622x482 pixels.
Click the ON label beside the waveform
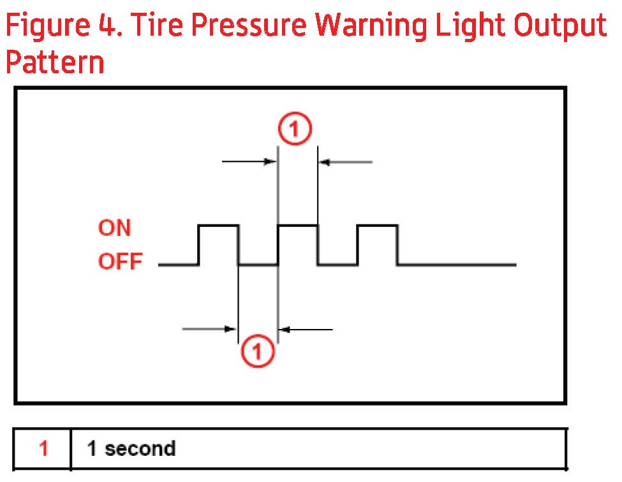point(115,228)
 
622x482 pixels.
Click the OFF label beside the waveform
point(120,262)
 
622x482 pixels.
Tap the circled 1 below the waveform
point(258,350)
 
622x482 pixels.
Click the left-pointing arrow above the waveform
point(345,162)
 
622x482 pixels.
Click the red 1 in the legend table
point(43,449)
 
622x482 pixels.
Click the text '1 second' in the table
point(131,449)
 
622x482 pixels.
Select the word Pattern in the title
point(55,63)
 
